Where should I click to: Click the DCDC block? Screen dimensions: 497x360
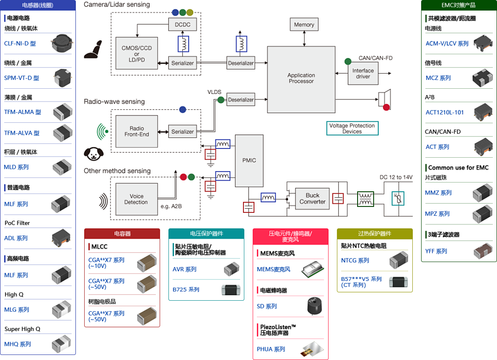click(x=183, y=24)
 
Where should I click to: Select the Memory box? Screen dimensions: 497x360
click(x=304, y=24)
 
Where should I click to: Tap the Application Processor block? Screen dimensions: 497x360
click(x=301, y=80)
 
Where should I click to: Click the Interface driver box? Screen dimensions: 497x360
click(x=363, y=74)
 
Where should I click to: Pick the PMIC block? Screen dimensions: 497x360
click(x=249, y=160)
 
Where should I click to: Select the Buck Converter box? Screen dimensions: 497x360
click(x=312, y=199)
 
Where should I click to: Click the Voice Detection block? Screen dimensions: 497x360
click(x=136, y=199)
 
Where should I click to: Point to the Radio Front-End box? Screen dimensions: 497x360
click(x=137, y=131)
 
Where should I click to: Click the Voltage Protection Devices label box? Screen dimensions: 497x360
click(x=352, y=128)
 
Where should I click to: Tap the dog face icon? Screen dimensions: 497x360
click(x=93, y=154)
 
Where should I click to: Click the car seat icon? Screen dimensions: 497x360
click(x=93, y=49)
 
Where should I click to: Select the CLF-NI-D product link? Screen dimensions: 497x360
click(x=20, y=43)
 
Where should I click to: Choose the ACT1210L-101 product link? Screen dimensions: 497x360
click(x=445, y=112)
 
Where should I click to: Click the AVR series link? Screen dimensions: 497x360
click(x=185, y=269)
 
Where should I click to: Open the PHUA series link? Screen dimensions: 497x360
click(x=271, y=349)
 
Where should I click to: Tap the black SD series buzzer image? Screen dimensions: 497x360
click(x=314, y=306)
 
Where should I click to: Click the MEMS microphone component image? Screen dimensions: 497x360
click(x=312, y=269)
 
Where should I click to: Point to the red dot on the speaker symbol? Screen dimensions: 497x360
click(x=386, y=107)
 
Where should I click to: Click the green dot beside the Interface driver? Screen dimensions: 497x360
click(x=348, y=62)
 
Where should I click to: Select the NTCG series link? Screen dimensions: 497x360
click(x=355, y=260)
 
